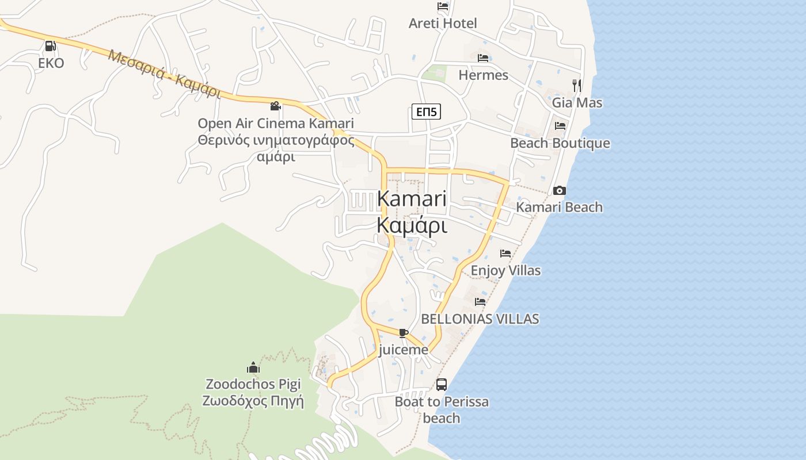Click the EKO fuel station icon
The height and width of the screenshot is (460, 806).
(x=51, y=46)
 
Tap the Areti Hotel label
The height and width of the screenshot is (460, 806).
(x=442, y=24)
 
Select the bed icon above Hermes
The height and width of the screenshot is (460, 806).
(x=483, y=58)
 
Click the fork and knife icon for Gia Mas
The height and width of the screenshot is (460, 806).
(x=577, y=86)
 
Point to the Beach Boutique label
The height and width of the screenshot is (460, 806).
(x=560, y=143)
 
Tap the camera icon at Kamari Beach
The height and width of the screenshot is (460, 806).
(x=559, y=190)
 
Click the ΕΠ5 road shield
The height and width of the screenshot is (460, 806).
(x=426, y=112)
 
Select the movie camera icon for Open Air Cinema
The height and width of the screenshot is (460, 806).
(x=275, y=106)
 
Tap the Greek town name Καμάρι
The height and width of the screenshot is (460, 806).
(x=412, y=225)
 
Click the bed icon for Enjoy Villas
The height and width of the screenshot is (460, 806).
(x=505, y=253)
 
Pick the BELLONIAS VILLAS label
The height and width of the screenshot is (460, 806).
(x=480, y=319)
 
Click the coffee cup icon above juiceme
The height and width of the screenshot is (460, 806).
(x=403, y=333)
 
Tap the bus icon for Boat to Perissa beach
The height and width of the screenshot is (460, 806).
(x=442, y=385)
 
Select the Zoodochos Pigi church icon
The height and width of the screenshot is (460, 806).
(x=253, y=367)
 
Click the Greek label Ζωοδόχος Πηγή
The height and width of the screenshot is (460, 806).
(x=253, y=401)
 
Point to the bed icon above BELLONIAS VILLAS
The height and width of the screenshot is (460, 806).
(x=480, y=302)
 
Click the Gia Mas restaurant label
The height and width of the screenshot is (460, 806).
(x=577, y=103)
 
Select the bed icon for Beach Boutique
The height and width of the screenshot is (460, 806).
(x=560, y=126)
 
